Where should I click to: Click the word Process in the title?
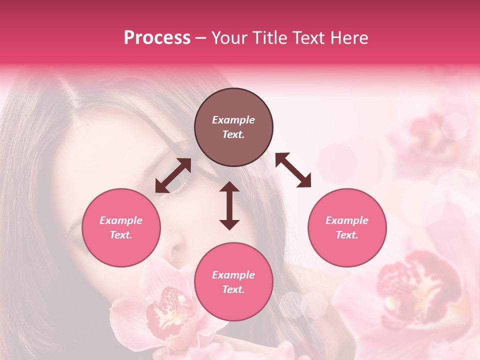(x=157, y=38)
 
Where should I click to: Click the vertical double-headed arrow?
(x=229, y=205)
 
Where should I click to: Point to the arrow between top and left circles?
(x=173, y=175)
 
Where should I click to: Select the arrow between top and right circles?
(x=293, y=170)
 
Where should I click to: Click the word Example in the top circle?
(x=233, y=120)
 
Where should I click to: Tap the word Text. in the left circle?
(x=121, y=235)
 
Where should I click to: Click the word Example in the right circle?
(x=347, y=220)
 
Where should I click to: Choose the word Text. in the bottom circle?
(x=233, y=289)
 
